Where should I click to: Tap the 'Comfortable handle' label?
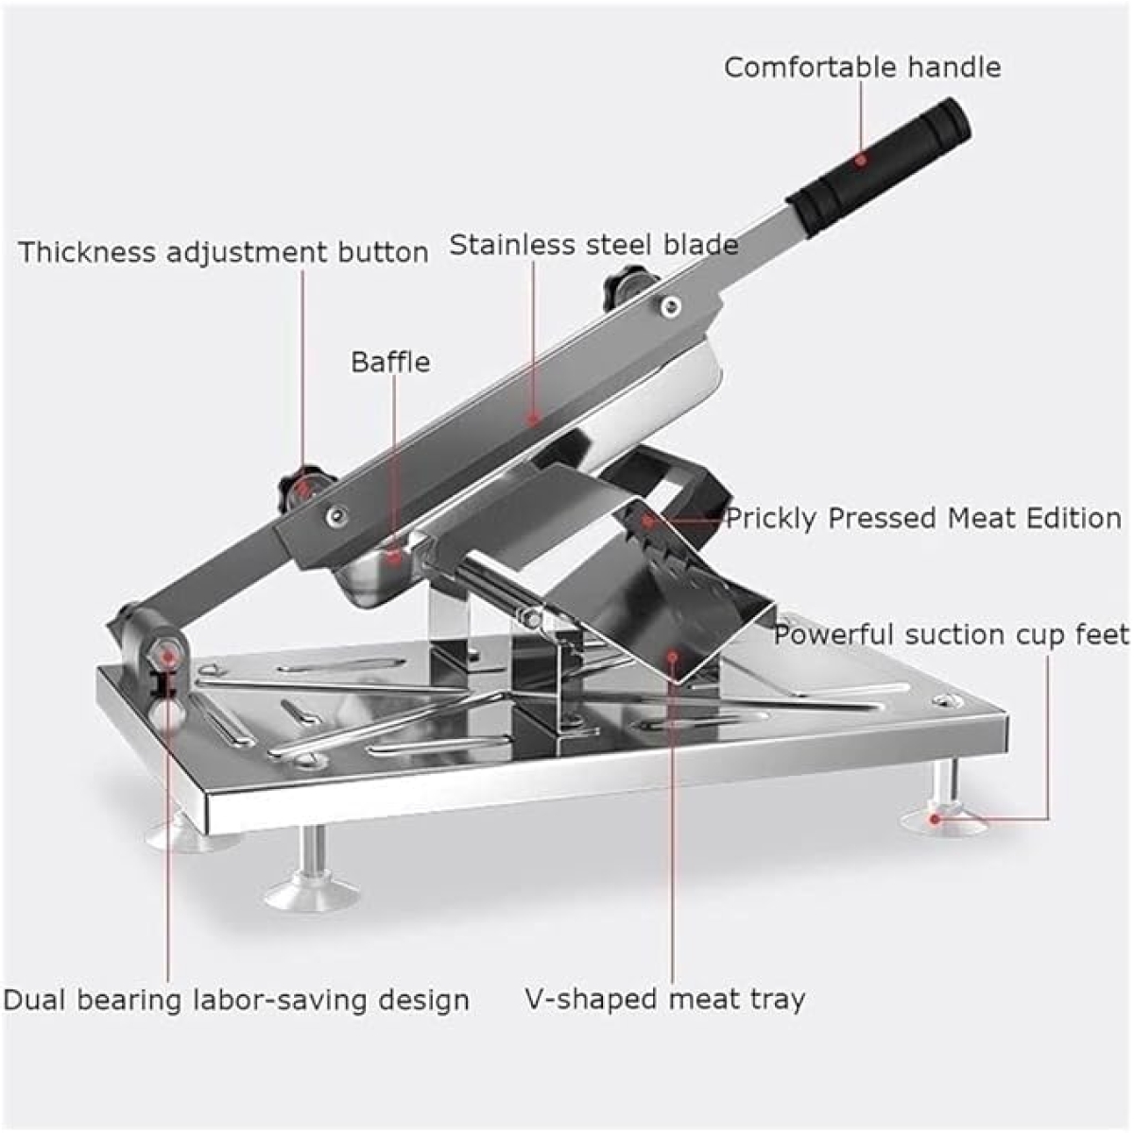[862, 68]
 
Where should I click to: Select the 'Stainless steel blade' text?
[593, 244]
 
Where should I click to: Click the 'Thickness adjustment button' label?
[224, 252]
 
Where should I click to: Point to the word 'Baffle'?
[390, 362]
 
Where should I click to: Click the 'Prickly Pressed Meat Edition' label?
[924, 519]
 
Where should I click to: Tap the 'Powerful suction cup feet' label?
[951, 634]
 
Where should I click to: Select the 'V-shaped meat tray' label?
[664, 999]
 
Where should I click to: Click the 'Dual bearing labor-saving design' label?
[236, 1001]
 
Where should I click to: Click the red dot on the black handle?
[861, 160]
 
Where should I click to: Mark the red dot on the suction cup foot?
[935, 818]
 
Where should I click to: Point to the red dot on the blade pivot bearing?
[169, 655]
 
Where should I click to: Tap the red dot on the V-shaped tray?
[673, 655]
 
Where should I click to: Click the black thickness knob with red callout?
[303, 485]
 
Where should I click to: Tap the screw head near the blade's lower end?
[336, 516]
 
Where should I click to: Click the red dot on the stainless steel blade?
[534, 420]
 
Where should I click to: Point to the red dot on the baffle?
[395, 555]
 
